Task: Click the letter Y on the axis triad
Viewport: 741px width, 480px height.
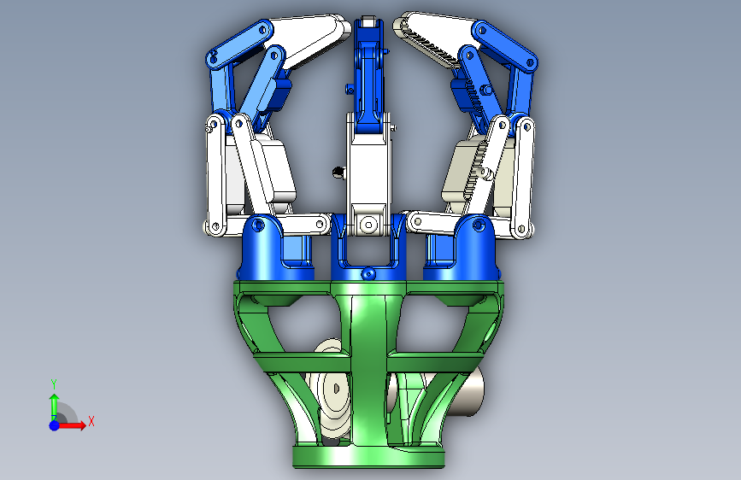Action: (54, 383)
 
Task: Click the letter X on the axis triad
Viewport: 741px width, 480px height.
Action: (91, 421)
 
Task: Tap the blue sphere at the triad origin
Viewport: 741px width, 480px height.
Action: (55, 425)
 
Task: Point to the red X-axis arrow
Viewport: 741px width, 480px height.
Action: (71, 425)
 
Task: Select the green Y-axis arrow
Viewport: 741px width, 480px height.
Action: (54, 407)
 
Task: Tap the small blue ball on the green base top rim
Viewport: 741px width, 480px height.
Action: (368, 273)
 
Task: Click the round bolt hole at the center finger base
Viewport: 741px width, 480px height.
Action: (368, 223)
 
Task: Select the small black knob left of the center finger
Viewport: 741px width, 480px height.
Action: (338, 173)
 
